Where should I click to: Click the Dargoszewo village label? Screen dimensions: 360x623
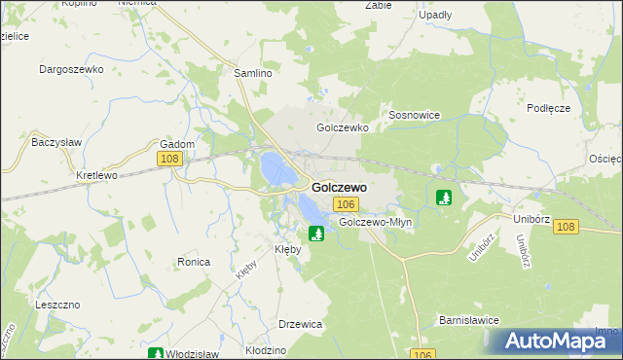[70, 69]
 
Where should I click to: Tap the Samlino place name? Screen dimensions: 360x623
[252, 73]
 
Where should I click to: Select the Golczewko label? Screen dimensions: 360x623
[340, 127]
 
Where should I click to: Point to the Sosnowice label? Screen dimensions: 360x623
[415, 115]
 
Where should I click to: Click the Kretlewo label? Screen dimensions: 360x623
[96, 176]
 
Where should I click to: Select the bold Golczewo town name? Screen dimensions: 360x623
[339, 186]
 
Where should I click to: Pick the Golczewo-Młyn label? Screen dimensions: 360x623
[376, 222]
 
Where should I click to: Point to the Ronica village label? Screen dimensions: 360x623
[195, 262]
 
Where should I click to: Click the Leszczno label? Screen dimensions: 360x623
[55, 304]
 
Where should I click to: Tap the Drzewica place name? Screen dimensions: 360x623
[300, 324]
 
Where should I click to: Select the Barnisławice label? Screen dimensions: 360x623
[469, 318]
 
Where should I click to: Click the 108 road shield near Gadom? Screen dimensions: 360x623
[168, 159]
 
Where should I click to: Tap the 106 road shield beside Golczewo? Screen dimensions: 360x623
[346, 204]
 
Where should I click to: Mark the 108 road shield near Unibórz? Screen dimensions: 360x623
[567, 227]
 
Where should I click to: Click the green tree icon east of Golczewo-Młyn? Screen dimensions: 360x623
[444, 198]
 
